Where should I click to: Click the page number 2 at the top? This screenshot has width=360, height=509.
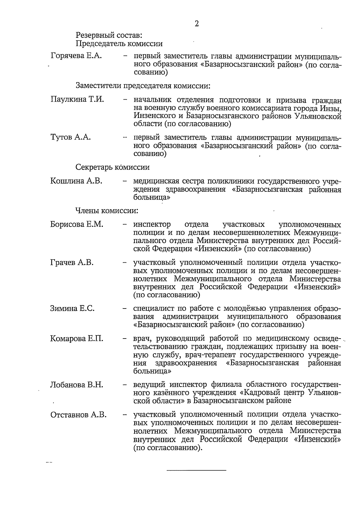(x=196, y=24)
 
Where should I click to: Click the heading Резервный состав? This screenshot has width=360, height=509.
(x=109, y=35)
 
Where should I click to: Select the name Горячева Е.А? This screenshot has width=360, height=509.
(x=76, y=56)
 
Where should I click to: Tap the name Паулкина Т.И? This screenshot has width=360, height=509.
(x=77, y=99)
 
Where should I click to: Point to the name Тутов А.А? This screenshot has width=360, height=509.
(x=70, y=137)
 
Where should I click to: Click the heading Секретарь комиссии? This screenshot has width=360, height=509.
(x=112, y=167)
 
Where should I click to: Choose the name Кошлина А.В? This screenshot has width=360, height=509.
(x=76, y=181)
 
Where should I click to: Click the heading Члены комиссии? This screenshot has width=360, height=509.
(x=106, y=210)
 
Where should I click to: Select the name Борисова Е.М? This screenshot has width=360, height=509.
(x=77, y=224)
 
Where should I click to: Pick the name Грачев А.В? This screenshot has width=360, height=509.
(x=72, y=262)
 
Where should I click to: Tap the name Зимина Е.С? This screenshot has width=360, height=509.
(x=72, y=308)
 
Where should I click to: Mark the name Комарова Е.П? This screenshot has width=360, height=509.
(x=77, y=339)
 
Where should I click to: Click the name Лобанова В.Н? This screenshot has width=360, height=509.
(x=77, y=384)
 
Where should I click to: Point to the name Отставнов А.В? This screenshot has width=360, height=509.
(x=78, y=415)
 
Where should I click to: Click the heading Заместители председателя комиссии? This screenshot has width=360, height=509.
(x=143, y=86)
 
